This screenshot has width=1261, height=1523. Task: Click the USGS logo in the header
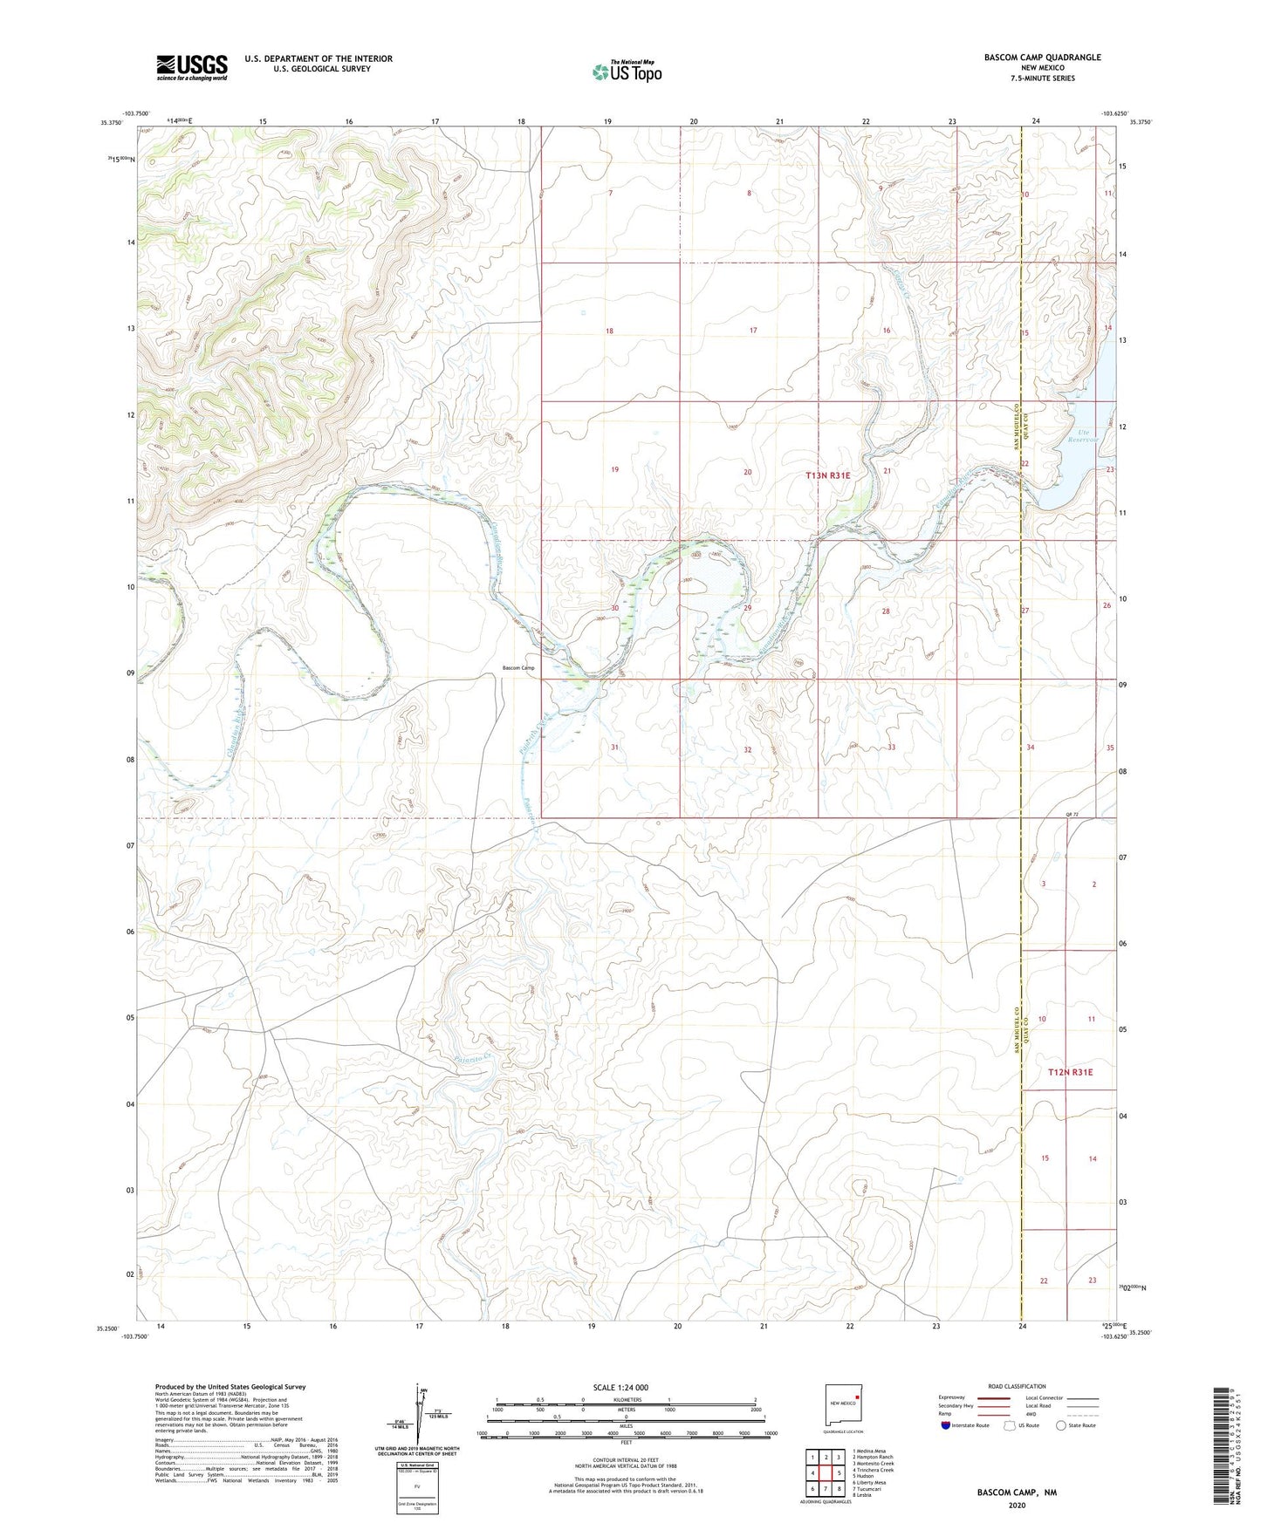(x=192, y=67)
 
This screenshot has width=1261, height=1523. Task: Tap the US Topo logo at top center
(x=627, y=72)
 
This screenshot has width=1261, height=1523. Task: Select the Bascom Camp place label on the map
(x=518, y=668)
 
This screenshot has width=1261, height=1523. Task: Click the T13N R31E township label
(x=826, y=475)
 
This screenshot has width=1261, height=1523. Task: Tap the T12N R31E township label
(x=1069, y=1072)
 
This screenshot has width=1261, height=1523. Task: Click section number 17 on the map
(x=753, y=331)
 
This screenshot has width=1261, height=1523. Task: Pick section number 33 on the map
(x=891, y=748)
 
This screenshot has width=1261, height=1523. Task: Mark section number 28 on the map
(x=886, y=611)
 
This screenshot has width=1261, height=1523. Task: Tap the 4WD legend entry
(x=1032, y=1414)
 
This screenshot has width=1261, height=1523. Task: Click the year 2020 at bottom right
(x=1016, y=1505)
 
